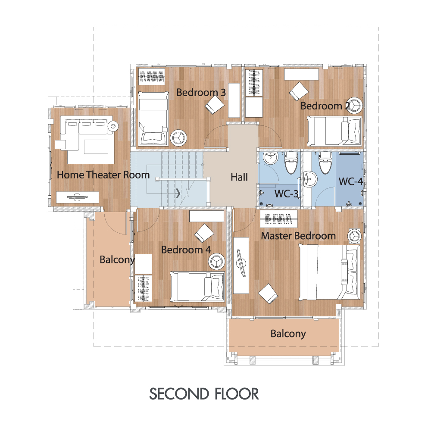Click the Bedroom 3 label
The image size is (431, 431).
click(201, 92)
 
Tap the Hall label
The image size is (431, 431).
click(239, 177)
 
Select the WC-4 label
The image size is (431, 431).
click(351, 181)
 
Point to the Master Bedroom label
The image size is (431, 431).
click(298, 236)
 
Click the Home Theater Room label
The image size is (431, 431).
click(103, 175)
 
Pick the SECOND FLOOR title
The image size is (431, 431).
click(204, 394)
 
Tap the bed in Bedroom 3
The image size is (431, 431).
click(153, 119)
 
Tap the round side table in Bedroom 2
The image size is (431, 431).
click(354, 105)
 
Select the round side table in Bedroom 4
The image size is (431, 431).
click(217, 261)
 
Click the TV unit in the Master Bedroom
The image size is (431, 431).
click(241, 265)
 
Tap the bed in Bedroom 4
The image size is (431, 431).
click(197, 287)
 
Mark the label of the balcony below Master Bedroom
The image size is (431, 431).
click(288, 334)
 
